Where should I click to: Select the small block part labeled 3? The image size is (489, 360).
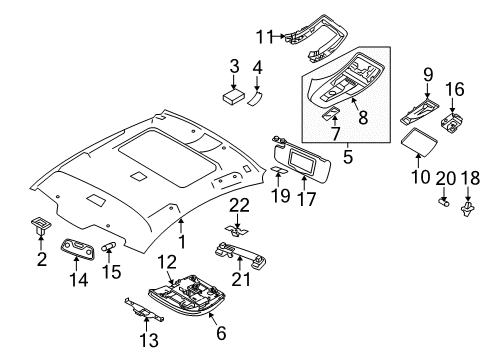237,97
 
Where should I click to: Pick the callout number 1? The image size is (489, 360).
181,241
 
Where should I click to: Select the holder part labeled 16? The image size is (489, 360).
455,125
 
